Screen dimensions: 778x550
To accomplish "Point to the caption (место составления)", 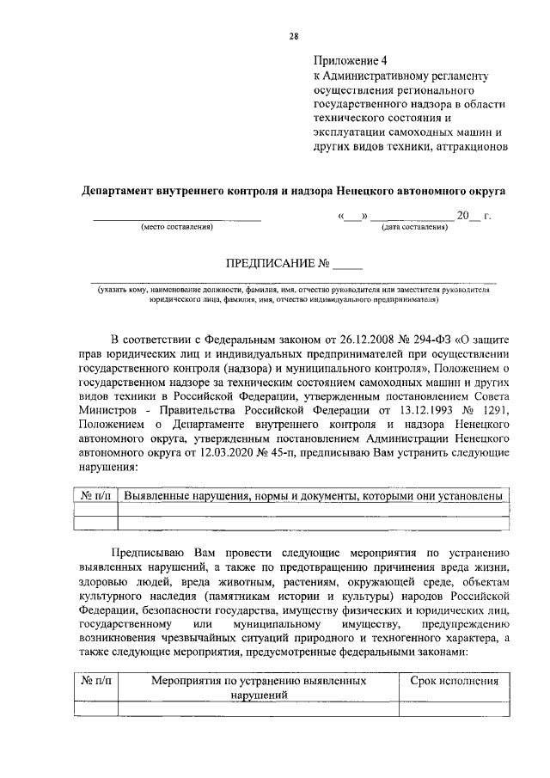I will pos(176,227).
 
